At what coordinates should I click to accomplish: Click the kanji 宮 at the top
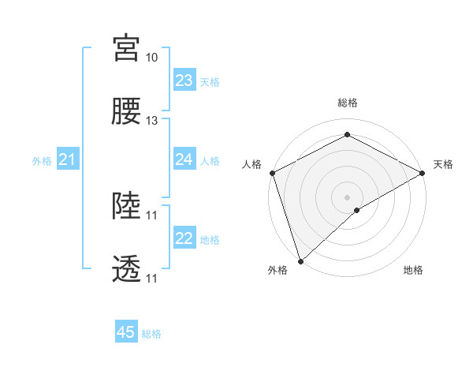126,48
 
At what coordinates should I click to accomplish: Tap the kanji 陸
126,206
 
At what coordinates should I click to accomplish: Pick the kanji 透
126,269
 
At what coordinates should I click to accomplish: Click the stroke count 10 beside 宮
151,58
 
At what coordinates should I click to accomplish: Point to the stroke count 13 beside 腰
151,121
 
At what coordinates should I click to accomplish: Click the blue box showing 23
184,81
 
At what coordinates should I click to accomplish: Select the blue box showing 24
184,159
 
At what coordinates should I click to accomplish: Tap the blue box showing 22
184,238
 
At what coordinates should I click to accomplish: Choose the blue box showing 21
68,160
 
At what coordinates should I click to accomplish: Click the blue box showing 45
126,332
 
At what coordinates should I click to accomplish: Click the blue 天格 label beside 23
210,81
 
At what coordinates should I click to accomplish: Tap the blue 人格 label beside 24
210,160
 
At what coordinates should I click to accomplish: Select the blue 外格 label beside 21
42,161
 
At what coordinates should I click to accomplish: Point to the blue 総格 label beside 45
151,334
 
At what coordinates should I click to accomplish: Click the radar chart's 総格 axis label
348,103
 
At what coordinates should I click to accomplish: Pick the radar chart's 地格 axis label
413,271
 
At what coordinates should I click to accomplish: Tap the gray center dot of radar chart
348,197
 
